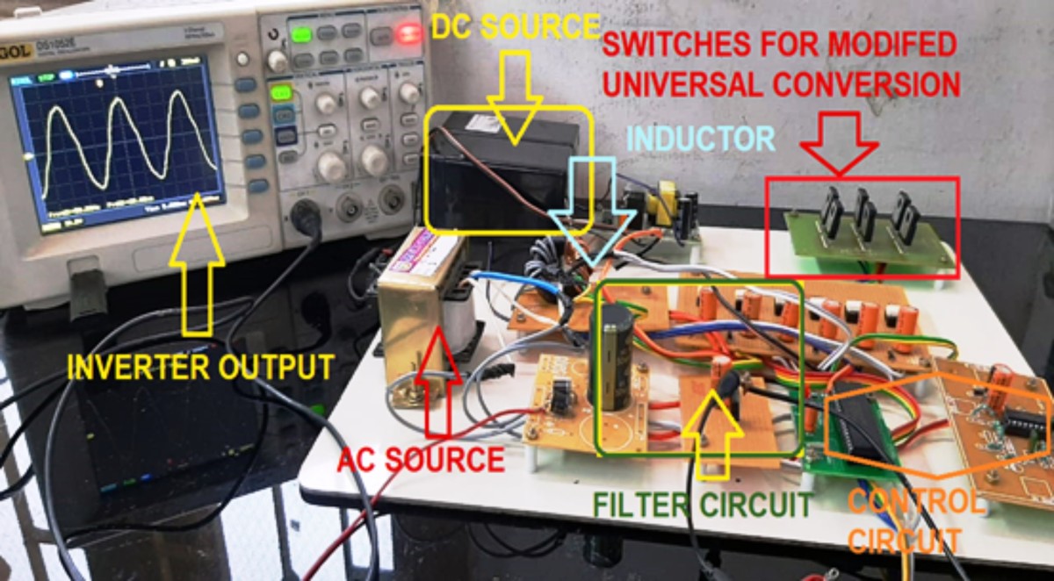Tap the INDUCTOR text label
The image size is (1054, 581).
click(x=702, y=138)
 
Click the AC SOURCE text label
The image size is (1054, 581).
click(x=422, y=458)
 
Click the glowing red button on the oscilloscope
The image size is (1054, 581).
click(x=407, y=34)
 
